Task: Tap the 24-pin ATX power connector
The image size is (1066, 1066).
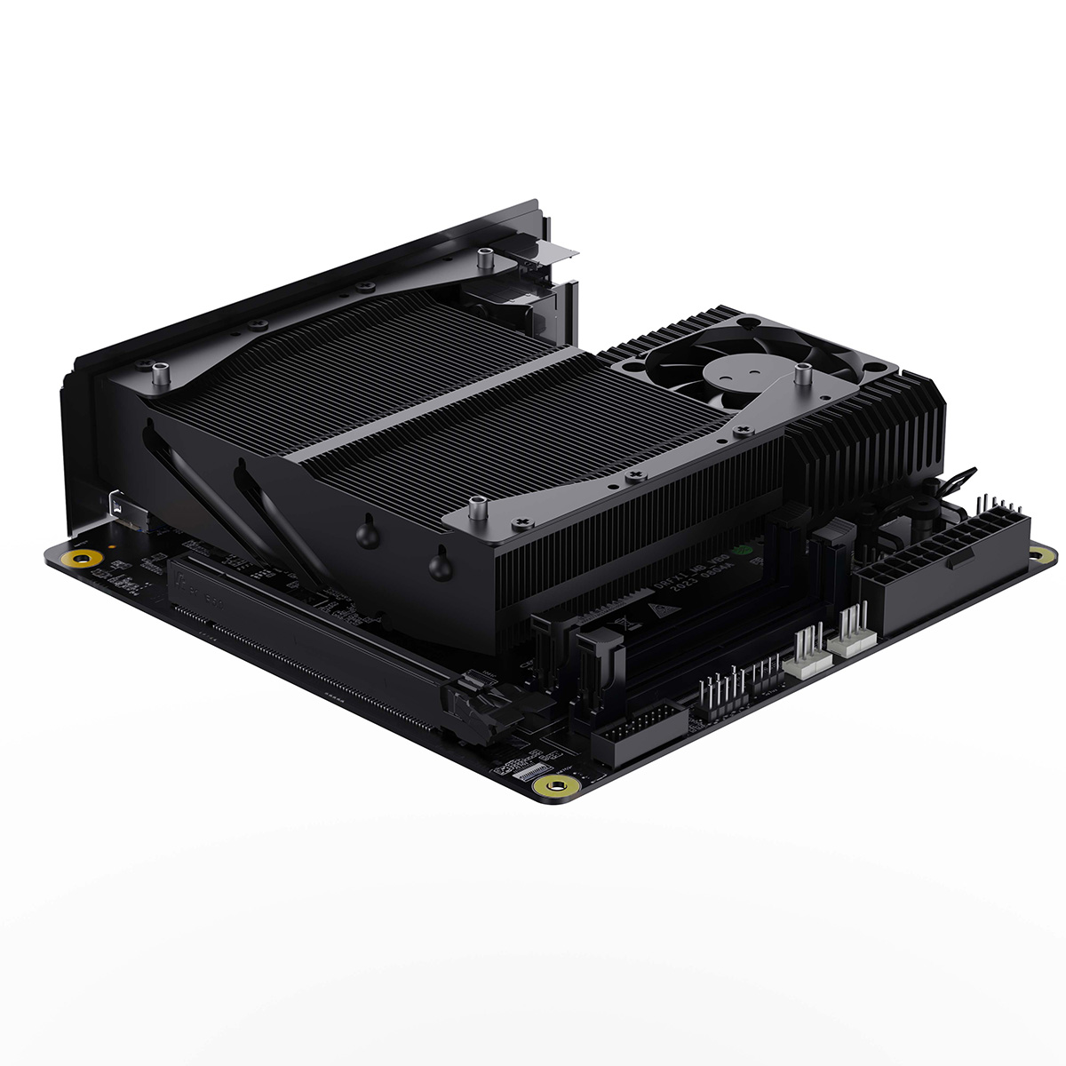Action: (x=942, y=569)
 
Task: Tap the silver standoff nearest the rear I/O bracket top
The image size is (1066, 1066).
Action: (x=485, y=260)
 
